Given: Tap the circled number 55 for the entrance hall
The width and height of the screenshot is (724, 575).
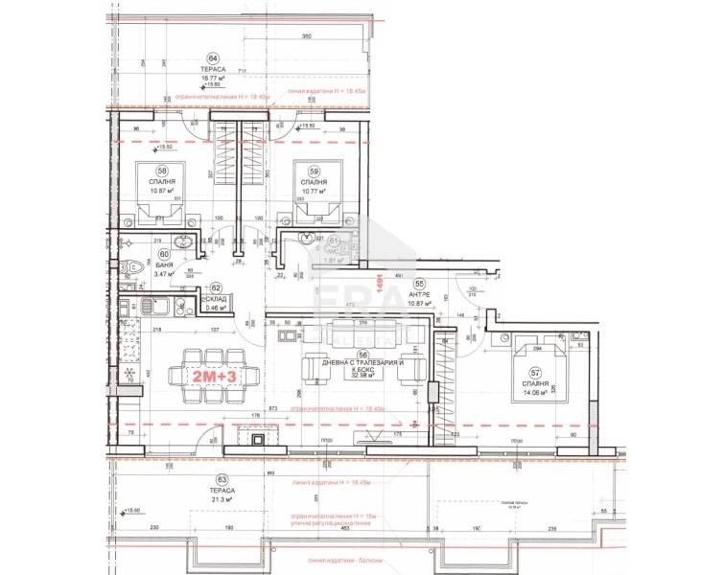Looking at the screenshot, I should pos(419,285).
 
